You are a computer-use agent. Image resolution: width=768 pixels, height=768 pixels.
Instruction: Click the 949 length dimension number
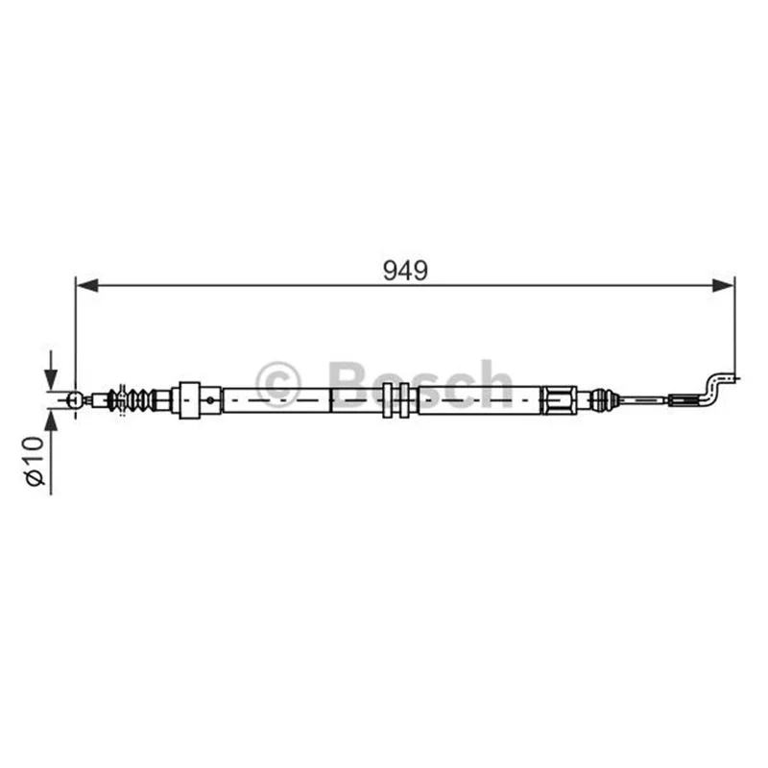pos(405,271)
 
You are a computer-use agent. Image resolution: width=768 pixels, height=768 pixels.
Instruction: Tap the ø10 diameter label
pos(36,461)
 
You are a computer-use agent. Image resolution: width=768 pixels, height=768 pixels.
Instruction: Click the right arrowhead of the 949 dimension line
pos(723,285)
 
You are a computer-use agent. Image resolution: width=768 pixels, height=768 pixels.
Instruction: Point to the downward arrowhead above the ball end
pos(51,378)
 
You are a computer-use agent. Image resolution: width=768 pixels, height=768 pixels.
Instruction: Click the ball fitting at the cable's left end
pos(75,399)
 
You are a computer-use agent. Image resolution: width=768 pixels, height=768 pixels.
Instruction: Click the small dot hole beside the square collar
pos(210,400)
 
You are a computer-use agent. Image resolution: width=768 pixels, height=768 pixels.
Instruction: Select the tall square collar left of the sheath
pos(189,399)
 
